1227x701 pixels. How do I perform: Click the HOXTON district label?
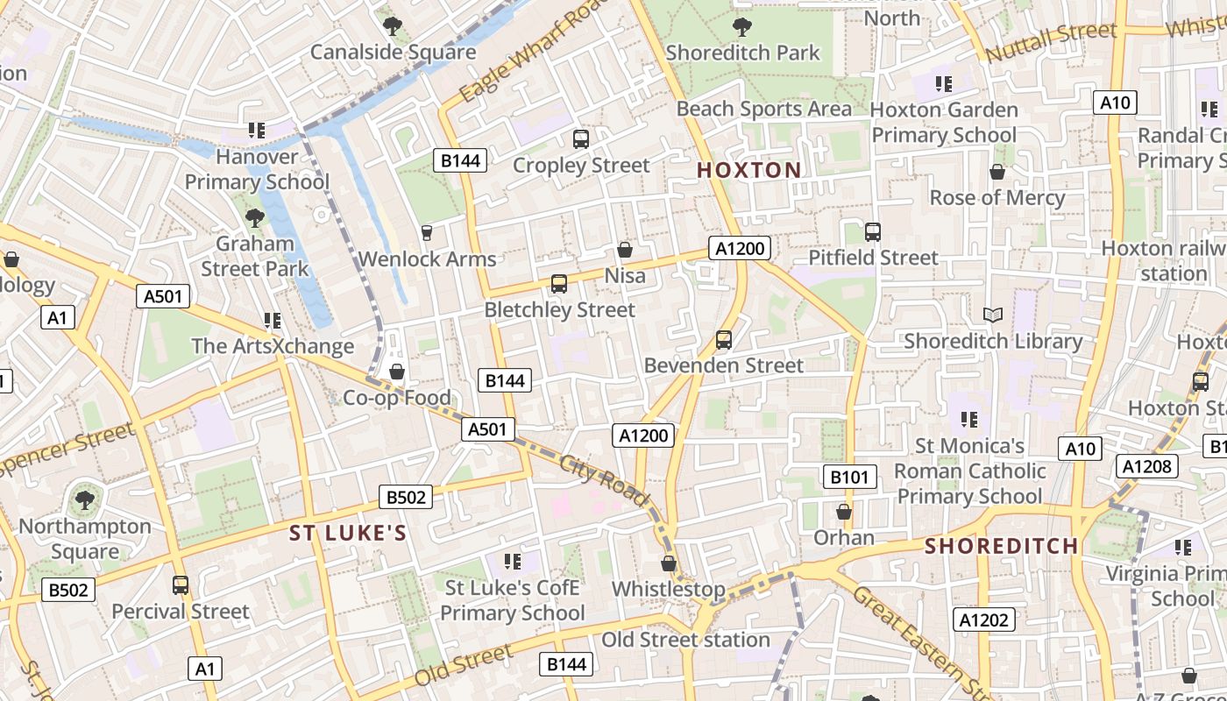[748, 170]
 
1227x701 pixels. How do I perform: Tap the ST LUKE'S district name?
[348, 534]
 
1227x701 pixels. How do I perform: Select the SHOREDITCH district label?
[1002, 546]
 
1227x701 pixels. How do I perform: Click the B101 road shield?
[849, 477]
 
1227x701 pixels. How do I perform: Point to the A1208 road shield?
[1146, 466]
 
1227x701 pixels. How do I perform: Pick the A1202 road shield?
[983, 620]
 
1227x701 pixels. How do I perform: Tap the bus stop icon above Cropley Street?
[580, 138]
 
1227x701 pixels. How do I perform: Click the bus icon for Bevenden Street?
[724, 339]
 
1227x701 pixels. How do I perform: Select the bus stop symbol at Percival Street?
[181, 584]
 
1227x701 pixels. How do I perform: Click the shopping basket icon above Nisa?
[625, 250]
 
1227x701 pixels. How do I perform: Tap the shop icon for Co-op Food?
[397, 372]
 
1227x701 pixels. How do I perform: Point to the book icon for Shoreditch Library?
[992, 315]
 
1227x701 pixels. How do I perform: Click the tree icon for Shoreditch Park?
[741, 26]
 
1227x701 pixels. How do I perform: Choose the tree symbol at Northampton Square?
[85, 500]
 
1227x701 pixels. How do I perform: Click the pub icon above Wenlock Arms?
[427, 232]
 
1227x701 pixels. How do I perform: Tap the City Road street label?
[604, 481]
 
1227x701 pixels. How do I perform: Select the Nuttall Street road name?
[1051, 42]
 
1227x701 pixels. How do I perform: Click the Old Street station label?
[685, 640]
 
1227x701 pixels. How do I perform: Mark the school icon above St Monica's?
[968, 420]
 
